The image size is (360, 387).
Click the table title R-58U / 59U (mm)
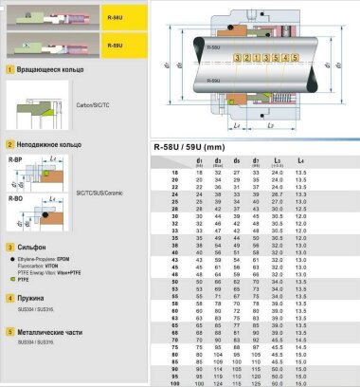194,148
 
